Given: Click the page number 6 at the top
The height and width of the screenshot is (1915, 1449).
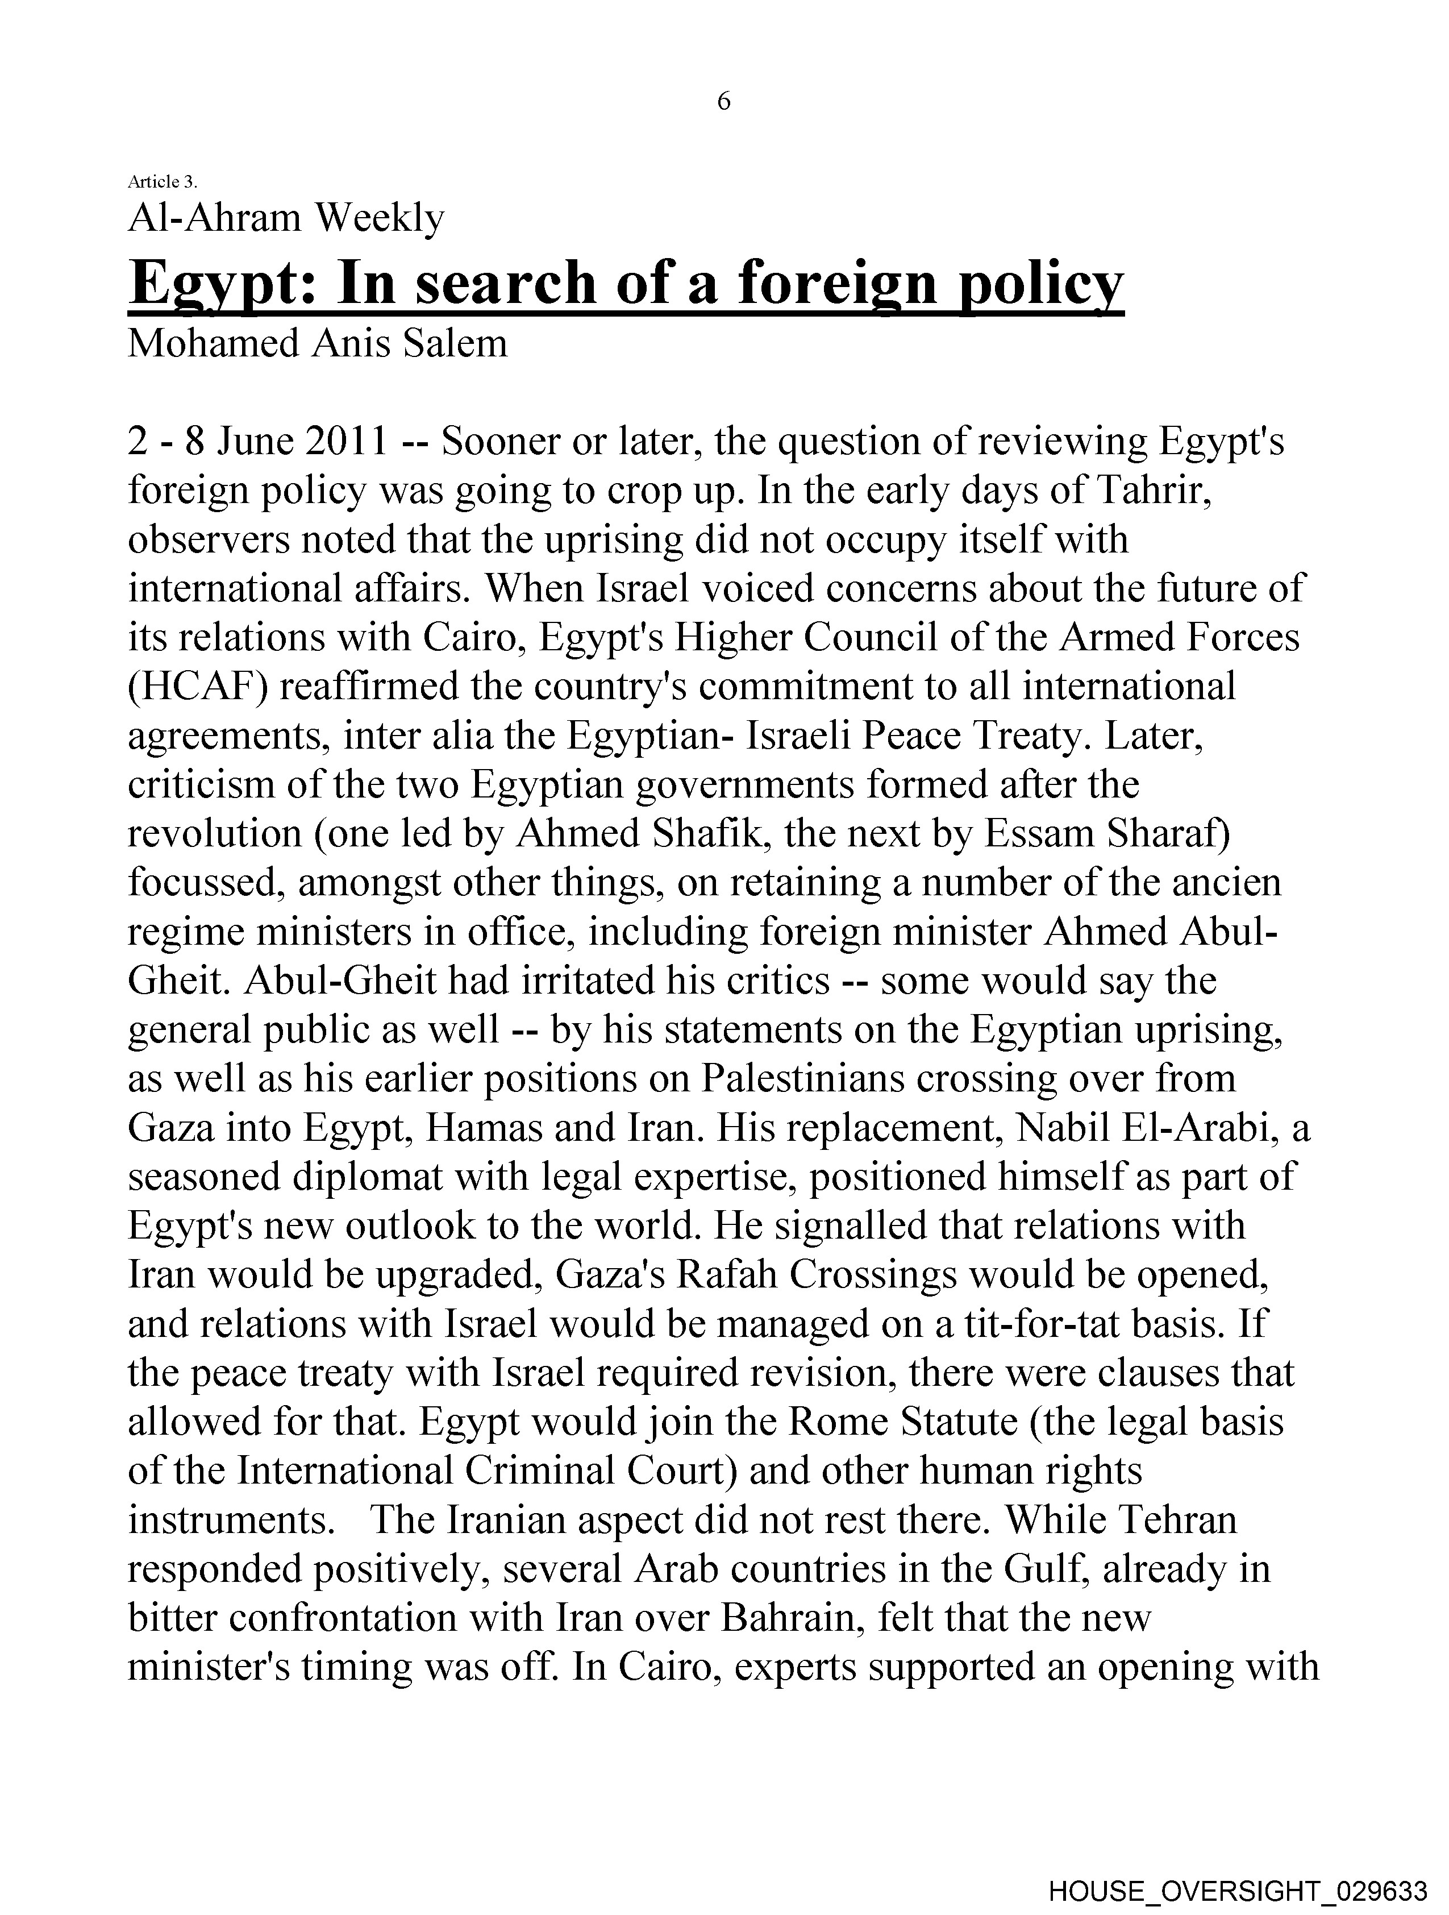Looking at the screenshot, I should click(x=723, y=102).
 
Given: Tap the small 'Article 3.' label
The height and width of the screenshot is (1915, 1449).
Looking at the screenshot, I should click(x=163, y=182).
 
